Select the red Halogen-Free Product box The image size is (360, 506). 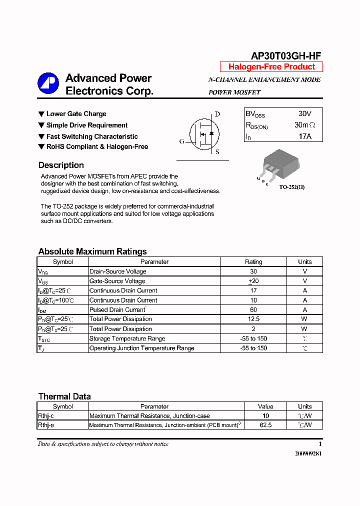[271, 67]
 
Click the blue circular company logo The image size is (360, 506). [48, 83]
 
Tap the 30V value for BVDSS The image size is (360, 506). [304, 114]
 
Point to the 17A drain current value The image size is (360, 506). [304, 136]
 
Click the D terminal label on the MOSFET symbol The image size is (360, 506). [217, 114]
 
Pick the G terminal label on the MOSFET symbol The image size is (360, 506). [181, 141]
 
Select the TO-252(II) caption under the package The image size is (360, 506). [291, 187]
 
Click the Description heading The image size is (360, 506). [61, 165]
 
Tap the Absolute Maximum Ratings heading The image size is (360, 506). [92, 251]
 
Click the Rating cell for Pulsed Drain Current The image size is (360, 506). [253, 309]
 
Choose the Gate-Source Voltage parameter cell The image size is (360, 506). [117, 281]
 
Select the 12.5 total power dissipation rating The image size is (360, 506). [253, 319]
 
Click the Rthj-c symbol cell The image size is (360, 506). [46, 415]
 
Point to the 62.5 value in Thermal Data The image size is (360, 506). [265, 425]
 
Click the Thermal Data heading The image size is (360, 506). [64, 396]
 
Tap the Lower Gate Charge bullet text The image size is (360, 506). [76, 114]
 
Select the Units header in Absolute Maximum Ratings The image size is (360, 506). [304, 261]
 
